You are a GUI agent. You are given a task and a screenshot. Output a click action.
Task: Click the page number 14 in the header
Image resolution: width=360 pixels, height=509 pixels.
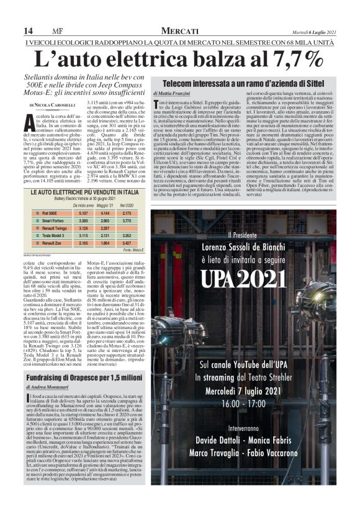pos(28,31)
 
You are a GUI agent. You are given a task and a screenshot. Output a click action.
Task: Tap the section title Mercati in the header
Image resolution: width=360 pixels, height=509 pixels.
pos(179,31)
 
